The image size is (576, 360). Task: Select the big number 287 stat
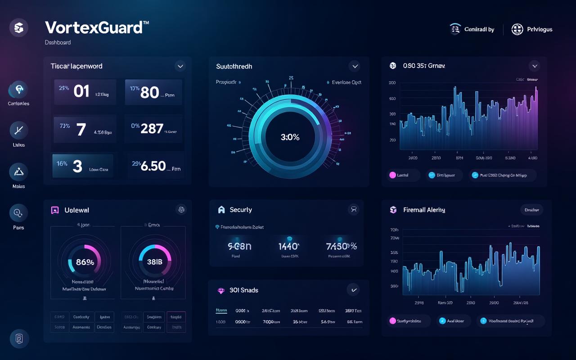(x=152, y=129)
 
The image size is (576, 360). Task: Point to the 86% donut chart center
(x=85, y=262)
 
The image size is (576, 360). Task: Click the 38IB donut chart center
(x=154, y=262)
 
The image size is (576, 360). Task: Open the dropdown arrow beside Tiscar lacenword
(x=180, y=66)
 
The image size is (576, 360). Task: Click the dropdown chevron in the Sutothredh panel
(x=355, y=66)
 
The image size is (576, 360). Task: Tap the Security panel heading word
(x=241, y=210)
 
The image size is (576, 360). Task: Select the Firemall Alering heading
(x=424, y=210)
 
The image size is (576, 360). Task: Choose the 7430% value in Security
(x=341, y=246)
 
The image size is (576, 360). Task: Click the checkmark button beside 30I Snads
(x=354, y=290)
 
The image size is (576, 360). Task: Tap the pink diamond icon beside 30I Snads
(x=221, y=291)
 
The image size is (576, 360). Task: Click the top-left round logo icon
(x=19, y=28)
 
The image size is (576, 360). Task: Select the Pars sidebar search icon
(x=19, y=213)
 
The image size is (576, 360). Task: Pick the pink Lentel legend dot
(x=392, y=175)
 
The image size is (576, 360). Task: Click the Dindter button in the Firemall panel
(x=531, y=210)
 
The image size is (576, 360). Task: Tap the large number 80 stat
(x=150, y=92)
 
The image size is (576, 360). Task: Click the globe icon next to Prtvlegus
(x=517, y=30)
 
